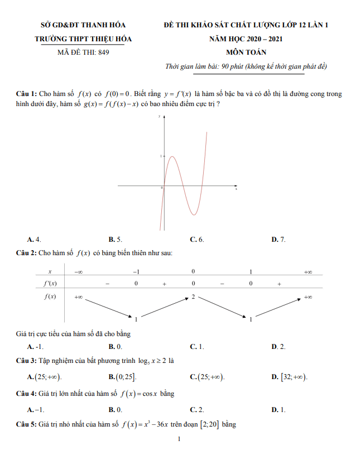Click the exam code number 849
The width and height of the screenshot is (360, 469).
103,52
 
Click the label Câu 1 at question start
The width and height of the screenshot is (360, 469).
26,94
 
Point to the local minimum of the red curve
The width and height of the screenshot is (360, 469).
193,215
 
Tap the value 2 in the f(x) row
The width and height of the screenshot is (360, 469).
193,296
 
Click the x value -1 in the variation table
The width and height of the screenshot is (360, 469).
136,271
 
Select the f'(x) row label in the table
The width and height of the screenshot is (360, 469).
50,284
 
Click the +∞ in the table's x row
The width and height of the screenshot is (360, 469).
308,271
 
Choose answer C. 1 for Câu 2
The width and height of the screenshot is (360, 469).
197,347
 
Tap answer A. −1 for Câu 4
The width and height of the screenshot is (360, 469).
35,409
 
